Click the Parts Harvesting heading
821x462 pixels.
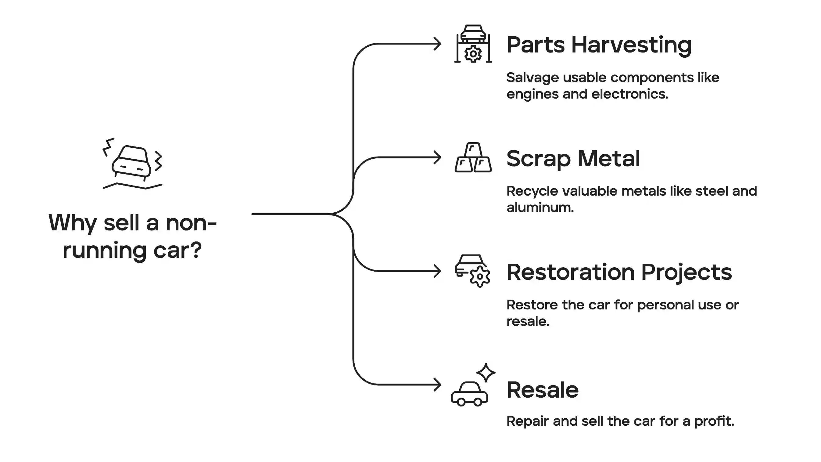coord(599,45)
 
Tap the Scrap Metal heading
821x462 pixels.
coord(573,159)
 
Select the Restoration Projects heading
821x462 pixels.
coord(619,273)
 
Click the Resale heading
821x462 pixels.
coord(543,390)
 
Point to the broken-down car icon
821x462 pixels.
coord(132,164)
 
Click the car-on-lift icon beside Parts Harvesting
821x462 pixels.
coord(473,44)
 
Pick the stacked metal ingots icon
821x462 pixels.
coord(473,157)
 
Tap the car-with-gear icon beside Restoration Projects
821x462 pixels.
coord(472,271)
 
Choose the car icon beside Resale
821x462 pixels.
coord(469,394)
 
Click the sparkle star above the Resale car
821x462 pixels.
coord(486,372)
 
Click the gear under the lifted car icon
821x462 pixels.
coord(473,54)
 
